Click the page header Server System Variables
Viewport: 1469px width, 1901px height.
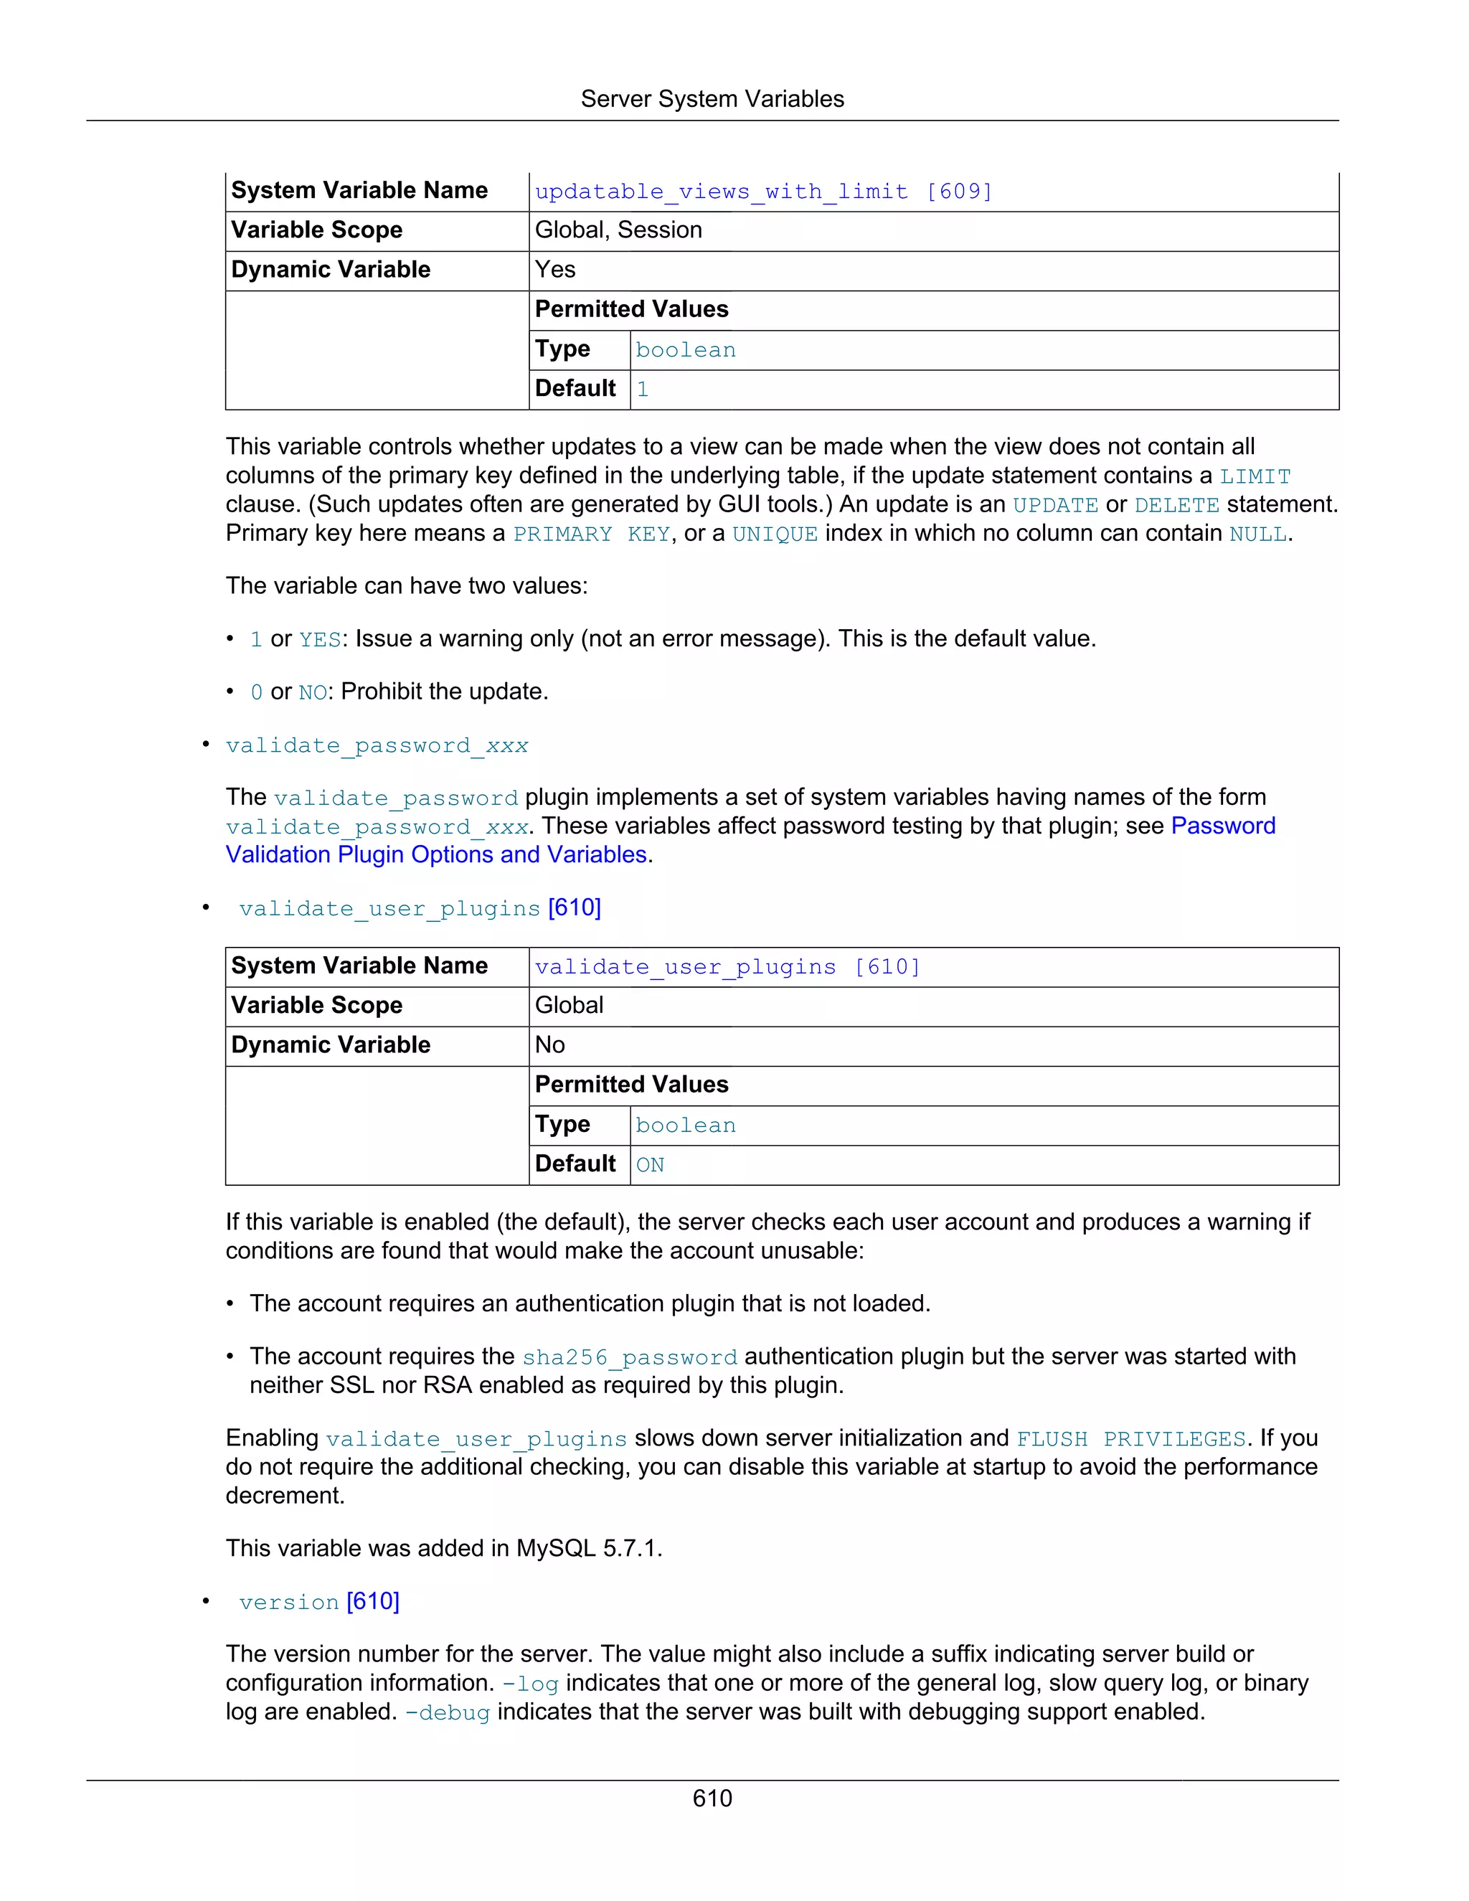[712, 99]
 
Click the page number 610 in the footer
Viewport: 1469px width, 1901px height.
[712, 1798]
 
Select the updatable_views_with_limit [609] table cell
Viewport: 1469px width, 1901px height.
[763, 192]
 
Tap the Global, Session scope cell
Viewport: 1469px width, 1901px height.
[618, 230]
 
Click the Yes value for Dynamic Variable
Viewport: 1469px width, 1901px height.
[555, 270]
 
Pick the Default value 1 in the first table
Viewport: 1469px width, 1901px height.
[642, 389]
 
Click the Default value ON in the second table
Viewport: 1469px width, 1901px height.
[650, 1164]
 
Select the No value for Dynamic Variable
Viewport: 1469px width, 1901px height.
[550, 1044]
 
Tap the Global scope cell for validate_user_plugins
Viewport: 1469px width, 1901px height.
[569, 1005]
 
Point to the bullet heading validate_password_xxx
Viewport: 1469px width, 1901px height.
[377, 746]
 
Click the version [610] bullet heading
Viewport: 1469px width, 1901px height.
[318, 1602]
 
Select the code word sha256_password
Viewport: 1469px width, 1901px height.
[629, 1357]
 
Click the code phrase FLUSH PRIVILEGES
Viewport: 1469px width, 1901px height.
[1130, 1439]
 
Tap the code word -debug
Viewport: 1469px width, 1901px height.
[448, 1712]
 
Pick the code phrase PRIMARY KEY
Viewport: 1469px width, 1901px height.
[591, 534]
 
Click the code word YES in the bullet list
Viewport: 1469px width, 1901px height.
[319, 640]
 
